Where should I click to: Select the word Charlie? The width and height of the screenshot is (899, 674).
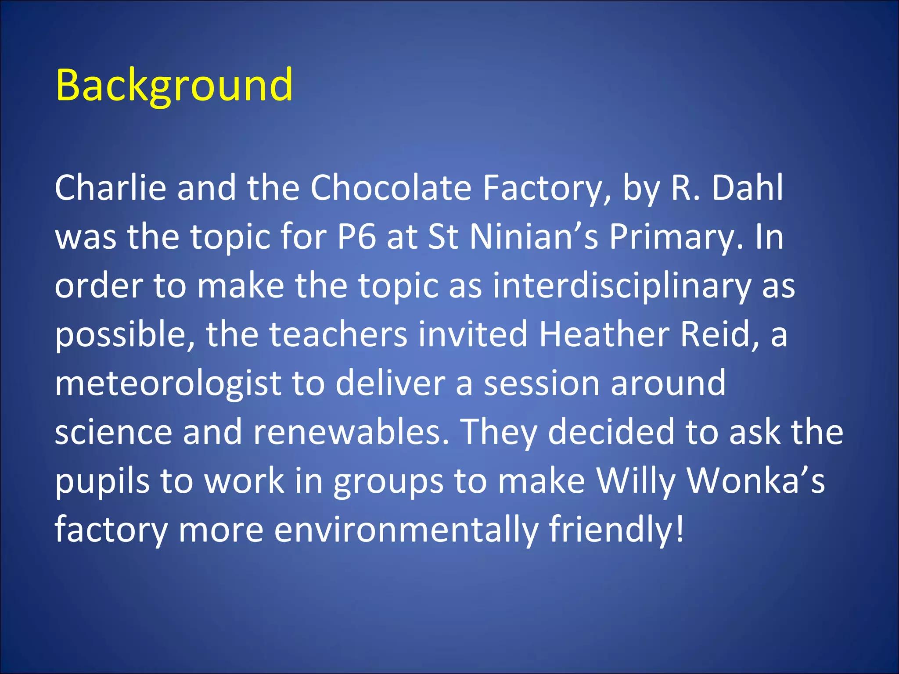click(110, 188)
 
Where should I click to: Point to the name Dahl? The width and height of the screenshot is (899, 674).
click(747, 188)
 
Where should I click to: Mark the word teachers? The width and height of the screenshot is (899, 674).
click(338, 334)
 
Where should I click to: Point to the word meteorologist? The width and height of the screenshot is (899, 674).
click(168, 384)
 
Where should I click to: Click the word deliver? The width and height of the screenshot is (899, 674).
click(391, 383)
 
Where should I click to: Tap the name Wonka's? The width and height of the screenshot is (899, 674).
click(755, 480)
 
